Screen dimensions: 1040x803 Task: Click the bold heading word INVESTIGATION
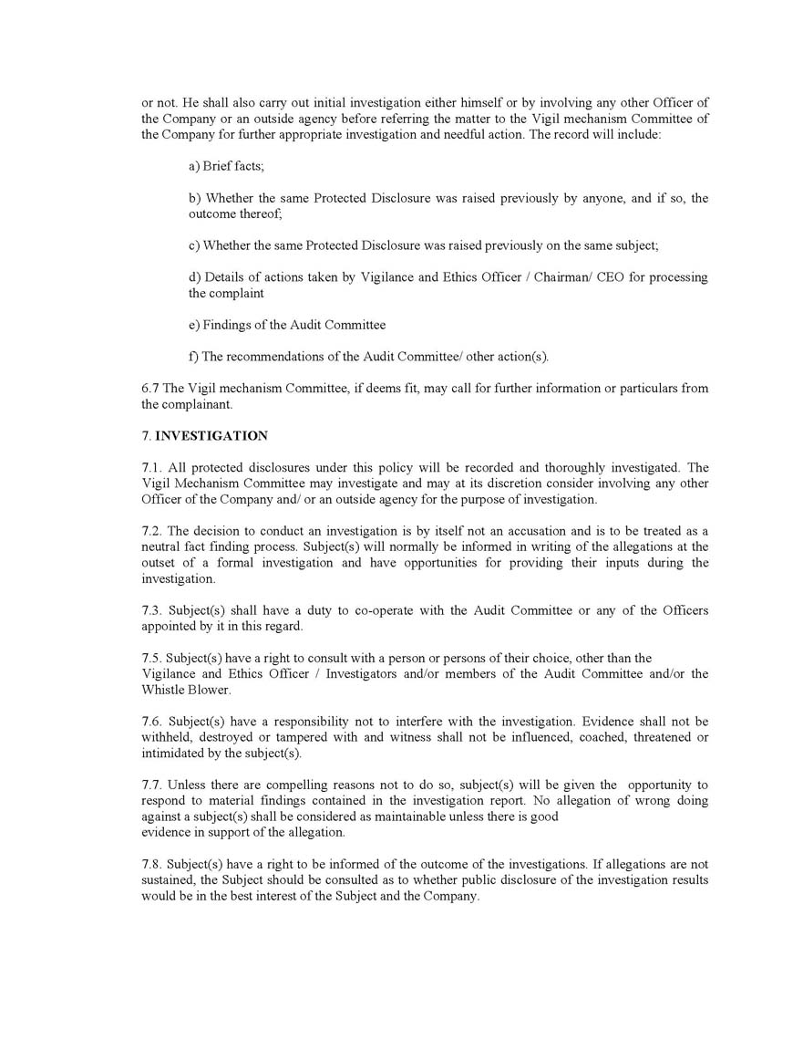pyautogui.click(x=211, y=436)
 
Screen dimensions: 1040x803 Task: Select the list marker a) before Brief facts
pyautogui.click(x=194, y=166)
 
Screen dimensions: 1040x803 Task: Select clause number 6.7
pyautogui.click(x=150, y=389)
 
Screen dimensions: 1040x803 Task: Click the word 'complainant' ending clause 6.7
pyautogui.click(x=199, y=404)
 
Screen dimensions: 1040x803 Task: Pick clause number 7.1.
pyautogui.click(x=152, y=468)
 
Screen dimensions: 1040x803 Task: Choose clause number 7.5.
pyautogui.click(x=152, y=658)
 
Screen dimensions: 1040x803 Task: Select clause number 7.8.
pyautogui.click(x=152, y=864)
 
